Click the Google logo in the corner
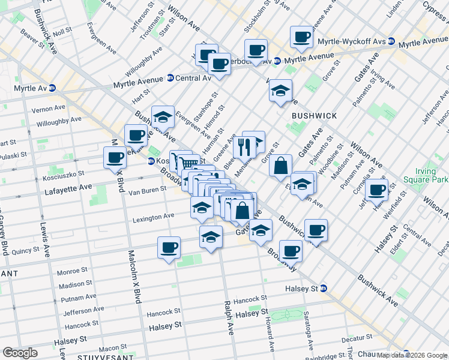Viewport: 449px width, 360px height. point(20,353)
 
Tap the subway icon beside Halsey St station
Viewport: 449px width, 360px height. point(324,288)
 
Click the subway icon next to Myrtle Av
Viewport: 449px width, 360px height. point(52,87)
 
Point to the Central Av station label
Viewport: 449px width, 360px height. point(193,78)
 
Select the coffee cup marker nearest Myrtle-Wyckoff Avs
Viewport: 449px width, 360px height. point(301,37)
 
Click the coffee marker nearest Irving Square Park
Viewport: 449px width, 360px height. point(377,190)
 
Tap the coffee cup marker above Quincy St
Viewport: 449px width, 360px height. point(169,247)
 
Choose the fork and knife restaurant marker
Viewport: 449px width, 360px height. point(244,146)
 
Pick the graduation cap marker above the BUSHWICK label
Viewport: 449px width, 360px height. point(280,91)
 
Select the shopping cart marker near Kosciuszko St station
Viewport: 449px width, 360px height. point(188,163)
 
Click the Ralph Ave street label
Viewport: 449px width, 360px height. point(228,317)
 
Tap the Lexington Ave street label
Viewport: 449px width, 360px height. point(153,215)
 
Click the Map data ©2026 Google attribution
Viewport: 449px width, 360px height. point(412,355)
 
